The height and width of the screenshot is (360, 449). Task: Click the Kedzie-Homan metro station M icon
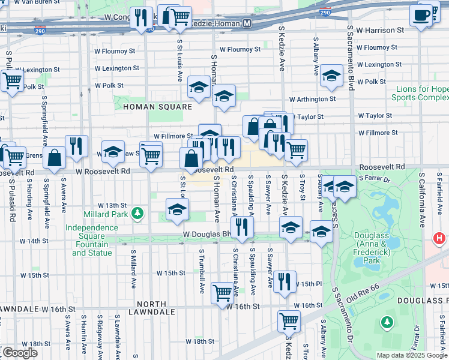tap(247, 23)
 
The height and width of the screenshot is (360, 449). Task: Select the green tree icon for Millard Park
tap(138, 213)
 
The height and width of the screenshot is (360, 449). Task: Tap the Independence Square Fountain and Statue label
tap(92, 240)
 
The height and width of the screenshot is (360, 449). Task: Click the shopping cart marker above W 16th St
tap(222, 293)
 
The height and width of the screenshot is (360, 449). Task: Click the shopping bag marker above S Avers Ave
tap(54, 158)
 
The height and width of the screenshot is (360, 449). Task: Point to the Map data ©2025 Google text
tap(412, 355)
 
